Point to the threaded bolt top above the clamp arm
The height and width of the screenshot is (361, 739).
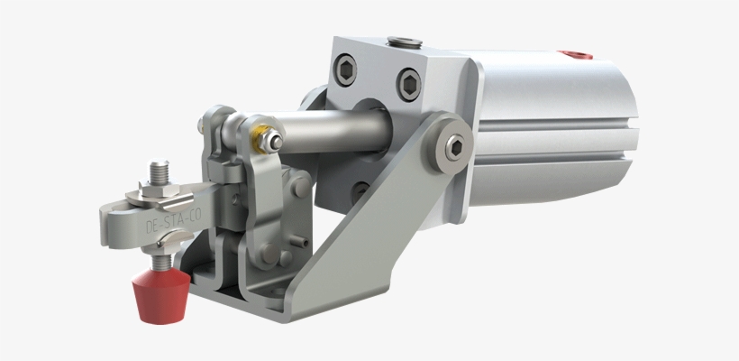click(x=160, y=167)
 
